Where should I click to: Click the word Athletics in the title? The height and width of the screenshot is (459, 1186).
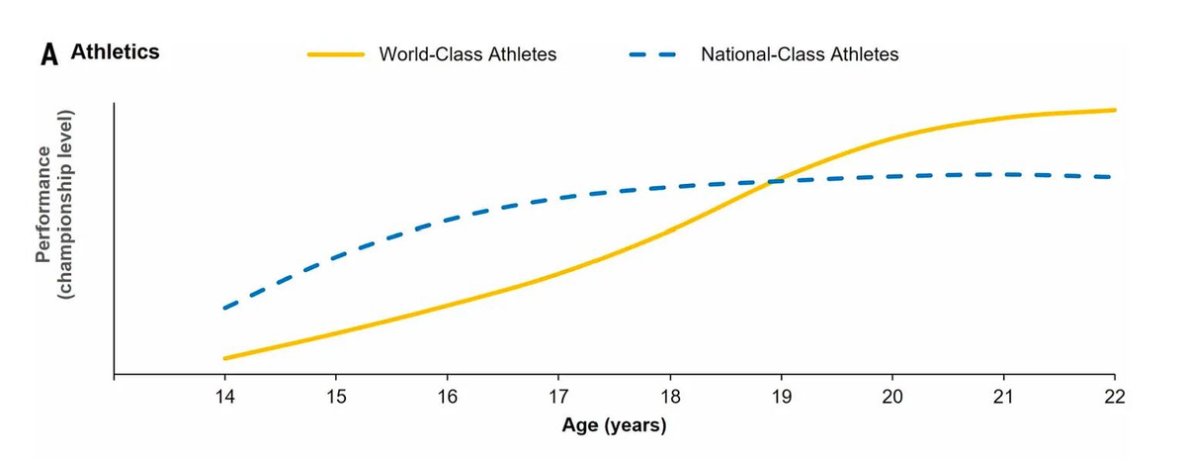pos(115,52)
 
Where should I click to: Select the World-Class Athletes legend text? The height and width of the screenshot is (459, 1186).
pos(467,54)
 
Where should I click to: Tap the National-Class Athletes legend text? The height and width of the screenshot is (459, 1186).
pos(800,54)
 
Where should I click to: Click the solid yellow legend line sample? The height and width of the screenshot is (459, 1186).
pos(336,54)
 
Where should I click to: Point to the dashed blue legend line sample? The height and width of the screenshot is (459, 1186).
pos(652,54)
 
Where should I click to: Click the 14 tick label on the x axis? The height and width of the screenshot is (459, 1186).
pos(224,398)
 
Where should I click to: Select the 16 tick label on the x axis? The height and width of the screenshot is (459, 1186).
pos(447,398)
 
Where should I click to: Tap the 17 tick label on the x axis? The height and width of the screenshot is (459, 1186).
pos(558,398)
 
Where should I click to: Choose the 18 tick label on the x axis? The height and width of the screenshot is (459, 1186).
pos(670,398)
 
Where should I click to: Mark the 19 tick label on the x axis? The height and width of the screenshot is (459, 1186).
pos(781,398)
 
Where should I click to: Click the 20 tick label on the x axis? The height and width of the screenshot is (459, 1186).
pos(892,398)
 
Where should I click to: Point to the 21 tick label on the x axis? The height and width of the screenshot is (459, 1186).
pos(1003,398)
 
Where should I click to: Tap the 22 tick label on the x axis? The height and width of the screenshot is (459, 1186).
pos(1115,398)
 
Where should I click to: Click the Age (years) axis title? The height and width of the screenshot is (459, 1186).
pos(614,426)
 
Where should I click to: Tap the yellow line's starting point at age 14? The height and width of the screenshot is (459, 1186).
pos(225,358)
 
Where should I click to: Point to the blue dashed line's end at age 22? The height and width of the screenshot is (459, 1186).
pos(1113,177)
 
